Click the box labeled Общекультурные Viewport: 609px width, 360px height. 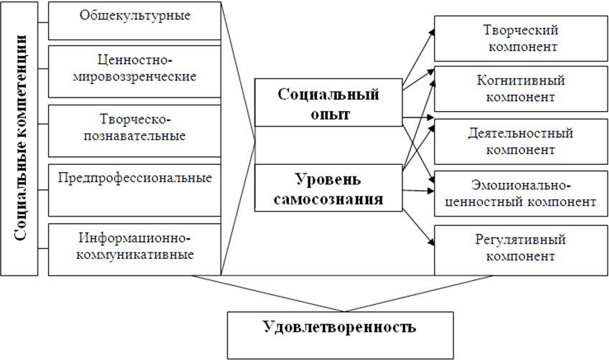coord(134,20)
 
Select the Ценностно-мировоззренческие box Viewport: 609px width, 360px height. coord(134,70)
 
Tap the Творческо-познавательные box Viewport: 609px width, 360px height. coord(134,130)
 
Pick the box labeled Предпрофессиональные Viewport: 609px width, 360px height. coord(134,189)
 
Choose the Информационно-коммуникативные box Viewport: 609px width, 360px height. coord(134,248)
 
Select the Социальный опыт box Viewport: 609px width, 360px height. coord(329,104)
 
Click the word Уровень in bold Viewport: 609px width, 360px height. coord(329,177)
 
